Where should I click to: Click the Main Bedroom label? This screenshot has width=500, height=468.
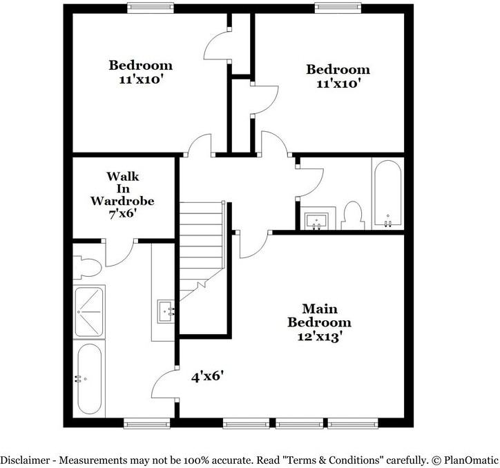click(x=319, y=315)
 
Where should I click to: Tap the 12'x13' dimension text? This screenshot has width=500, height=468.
click(x=319, y=338)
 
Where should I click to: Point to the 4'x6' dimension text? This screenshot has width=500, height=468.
click(x=207, y=377)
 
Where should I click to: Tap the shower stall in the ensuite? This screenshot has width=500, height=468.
click(x=89, y=311)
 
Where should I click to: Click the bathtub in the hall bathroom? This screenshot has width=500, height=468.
click(x=387, y=193)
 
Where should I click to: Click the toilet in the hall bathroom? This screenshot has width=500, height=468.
click(x=352, y=215)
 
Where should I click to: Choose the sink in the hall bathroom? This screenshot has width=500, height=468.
click(x=318, y=220)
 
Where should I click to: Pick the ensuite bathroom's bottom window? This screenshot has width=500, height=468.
click(x=143, y=422)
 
